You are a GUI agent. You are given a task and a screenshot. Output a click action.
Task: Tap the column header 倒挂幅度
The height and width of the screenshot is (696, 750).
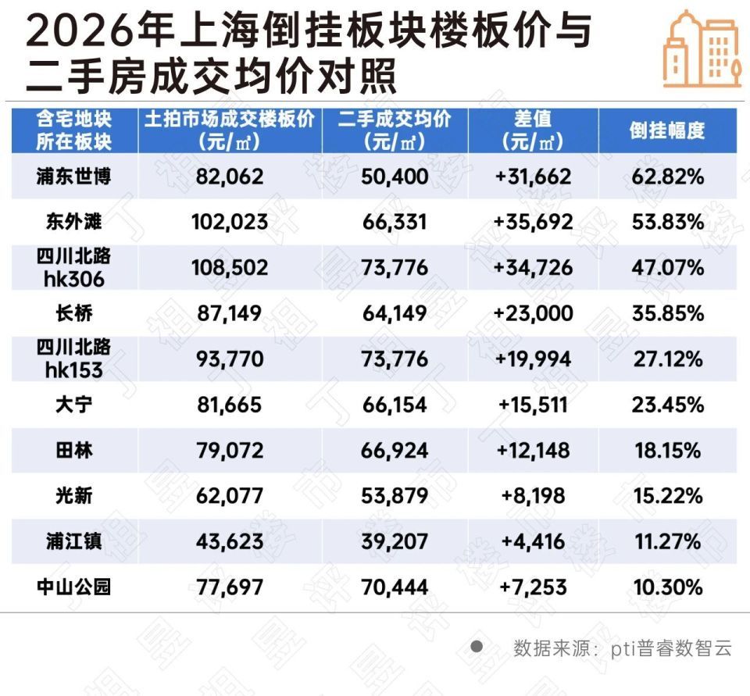[x=667, y=130]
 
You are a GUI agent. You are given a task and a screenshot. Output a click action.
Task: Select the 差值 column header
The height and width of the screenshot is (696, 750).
[x=533, y=130]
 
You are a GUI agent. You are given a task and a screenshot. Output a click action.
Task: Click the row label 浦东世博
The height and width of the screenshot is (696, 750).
[x=73, y=177]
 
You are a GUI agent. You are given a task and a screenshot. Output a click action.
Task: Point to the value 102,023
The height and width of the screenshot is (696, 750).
[x=230, y=222]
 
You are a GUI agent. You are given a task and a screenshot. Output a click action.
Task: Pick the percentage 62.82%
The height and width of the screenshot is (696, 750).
[x=668, y=177]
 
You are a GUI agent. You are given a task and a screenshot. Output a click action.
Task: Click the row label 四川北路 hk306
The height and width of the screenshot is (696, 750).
[x=73, y=267]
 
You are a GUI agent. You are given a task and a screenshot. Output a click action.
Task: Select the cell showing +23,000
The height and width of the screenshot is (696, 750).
[x=534, y=313]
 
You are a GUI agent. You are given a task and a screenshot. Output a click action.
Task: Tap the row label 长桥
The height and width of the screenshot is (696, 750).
[x=74, y=313]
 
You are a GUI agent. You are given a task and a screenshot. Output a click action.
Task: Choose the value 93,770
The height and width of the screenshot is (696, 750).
[x=230, y=359]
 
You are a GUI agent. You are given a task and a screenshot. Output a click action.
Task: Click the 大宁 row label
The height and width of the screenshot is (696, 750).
[x=74, y=405]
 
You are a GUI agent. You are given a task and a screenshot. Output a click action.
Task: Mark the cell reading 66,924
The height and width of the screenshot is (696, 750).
[x=395, y=451]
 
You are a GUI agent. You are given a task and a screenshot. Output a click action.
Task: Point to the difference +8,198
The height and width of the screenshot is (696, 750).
[x=534, y=496]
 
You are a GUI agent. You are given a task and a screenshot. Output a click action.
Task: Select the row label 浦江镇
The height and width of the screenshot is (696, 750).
[x=73, y=541]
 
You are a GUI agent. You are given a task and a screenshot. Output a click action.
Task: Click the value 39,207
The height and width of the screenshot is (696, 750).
[x=395, y=541]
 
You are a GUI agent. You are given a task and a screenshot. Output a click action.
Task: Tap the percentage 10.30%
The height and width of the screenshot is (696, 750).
[x=668, y=587]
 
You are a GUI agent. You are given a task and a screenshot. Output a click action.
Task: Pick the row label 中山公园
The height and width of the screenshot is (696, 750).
[x=73, y=587]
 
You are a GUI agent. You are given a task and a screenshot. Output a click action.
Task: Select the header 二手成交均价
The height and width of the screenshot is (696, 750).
[x=395, y=119]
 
